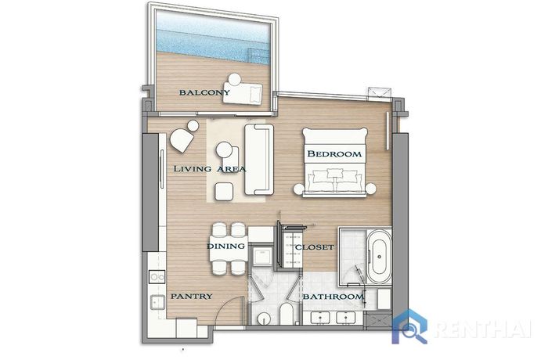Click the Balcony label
[x=204, y=92]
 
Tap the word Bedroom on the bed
[x=334, y=154]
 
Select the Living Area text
[x=210, y=169]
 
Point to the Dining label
[x=225, y=247]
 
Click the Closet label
[x=315, y=247]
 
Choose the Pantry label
[x=192, y=297]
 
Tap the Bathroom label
[x=333, y=297]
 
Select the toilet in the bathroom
[x=287, y=314]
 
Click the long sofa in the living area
[x=259, y=160]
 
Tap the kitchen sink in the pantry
[x=157, y=302]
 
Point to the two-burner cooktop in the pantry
[x=157, y=277]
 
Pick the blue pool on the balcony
[x=212, y=37]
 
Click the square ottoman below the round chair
[x=224, y=192]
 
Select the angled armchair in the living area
[x=182, y=140]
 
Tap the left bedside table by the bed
[x=299, y=189]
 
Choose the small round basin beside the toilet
[x=265, y=319]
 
